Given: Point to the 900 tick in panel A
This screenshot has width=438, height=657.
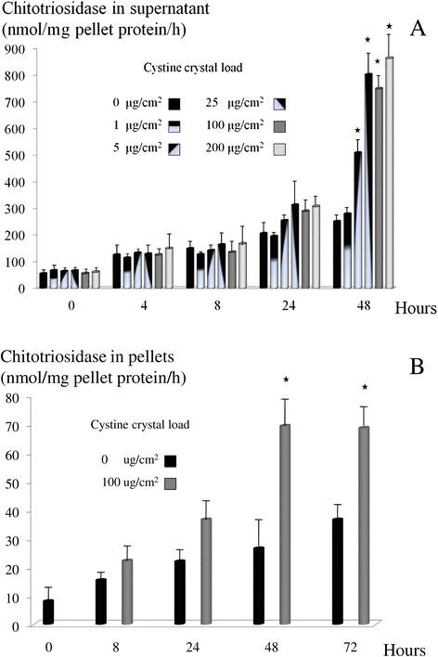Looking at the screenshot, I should coord(14,47).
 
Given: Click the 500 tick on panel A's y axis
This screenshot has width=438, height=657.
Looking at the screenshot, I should coord(14,154).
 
